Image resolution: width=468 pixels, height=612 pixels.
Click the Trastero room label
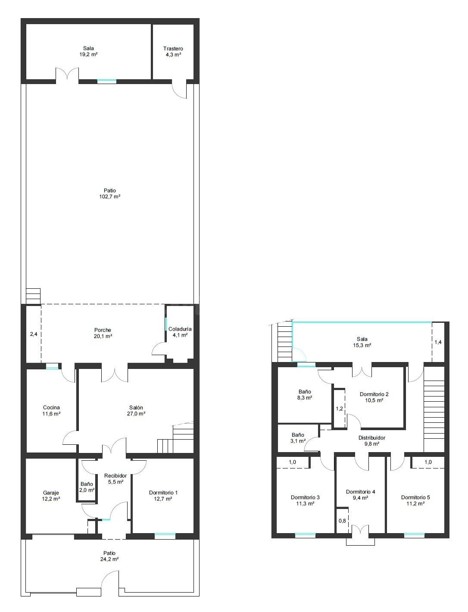pyautogui.click(x=173, y=49)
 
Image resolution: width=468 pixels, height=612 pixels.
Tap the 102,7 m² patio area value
pyautogui.click(x=110, y=197)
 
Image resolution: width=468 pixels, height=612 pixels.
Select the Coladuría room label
pyautogui.click(x=180, y=329)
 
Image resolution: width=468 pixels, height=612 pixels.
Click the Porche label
pyautogui.click(x=103, y=330)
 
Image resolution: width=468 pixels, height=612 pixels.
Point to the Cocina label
pyautogui.click(x=51, y=407)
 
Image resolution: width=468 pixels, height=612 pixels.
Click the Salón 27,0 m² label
pyautogui.click(x=136, y=410)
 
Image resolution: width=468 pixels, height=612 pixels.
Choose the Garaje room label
pyautogui.click(x=51, y=493)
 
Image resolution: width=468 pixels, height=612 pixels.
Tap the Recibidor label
pyautogui.click(x=115, y=476)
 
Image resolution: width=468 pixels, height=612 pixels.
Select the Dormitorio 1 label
pyautogui.click(x=163, y=493)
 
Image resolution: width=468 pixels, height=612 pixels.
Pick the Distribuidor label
pyautogui.click(x=372, y=438)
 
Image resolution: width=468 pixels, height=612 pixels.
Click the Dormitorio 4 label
pyautogui.click(x=360, y=492)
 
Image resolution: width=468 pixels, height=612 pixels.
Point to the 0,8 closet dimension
pyautogui.click(x=342, y=521)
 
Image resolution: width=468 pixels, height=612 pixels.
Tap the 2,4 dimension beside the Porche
pyautogui.click(x=34, y=334)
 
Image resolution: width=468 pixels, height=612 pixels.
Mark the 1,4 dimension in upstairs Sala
pyautogui.click(x=438, y=342)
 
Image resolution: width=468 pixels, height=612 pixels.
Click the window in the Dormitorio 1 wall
pyautogui.click(x=165, y=536)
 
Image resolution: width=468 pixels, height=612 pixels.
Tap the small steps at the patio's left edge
pyautogui.click(x=33, y=296)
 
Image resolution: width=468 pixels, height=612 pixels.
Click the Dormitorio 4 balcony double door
pyautogui.click(x=360, y=529)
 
